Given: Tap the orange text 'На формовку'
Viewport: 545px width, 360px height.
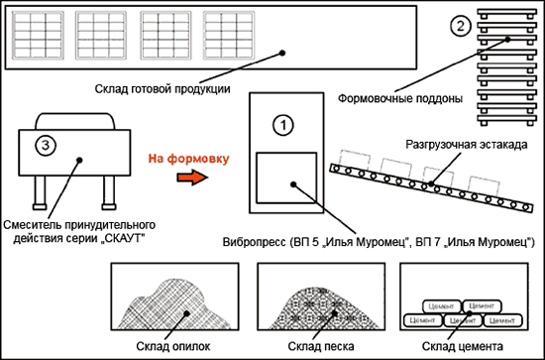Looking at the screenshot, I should pyautogui.click(x=188, y=158).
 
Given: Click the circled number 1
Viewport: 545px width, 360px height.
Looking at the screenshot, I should pyautogui.click(x=283, y=124).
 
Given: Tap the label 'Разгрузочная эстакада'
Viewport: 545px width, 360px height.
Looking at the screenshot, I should pyautogui.click(x=465, y=144).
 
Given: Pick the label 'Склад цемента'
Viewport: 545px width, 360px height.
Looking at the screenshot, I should pyautogui.click(x=465, y=346).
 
